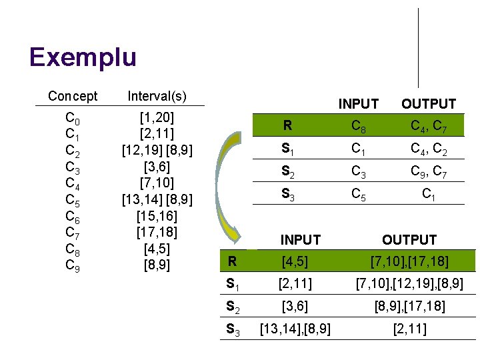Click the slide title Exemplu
[83, 57]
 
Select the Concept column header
[73, 97]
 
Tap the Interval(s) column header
[157, 97]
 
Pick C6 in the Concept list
[73, 216]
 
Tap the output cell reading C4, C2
[428, 151]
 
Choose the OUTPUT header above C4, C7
[428, 104]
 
